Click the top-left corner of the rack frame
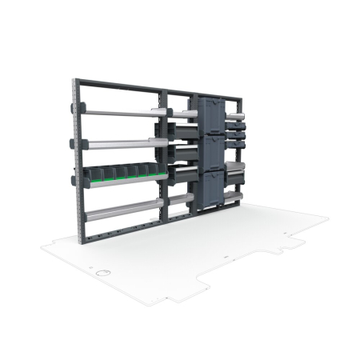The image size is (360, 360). (75, 81)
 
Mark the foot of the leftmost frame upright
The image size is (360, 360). (79, 240)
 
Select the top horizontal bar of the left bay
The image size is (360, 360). (120, 86)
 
